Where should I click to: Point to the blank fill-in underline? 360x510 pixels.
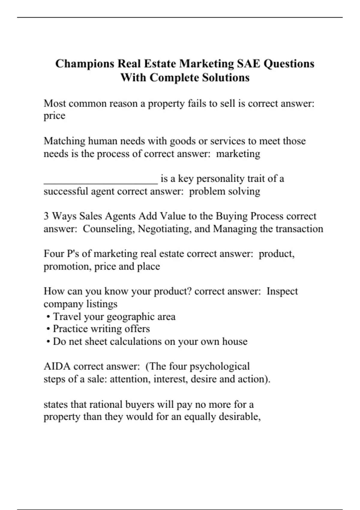tap(100, 182)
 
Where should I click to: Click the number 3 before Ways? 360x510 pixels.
tap(46, 216)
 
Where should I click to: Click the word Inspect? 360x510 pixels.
tap(282, 291)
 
